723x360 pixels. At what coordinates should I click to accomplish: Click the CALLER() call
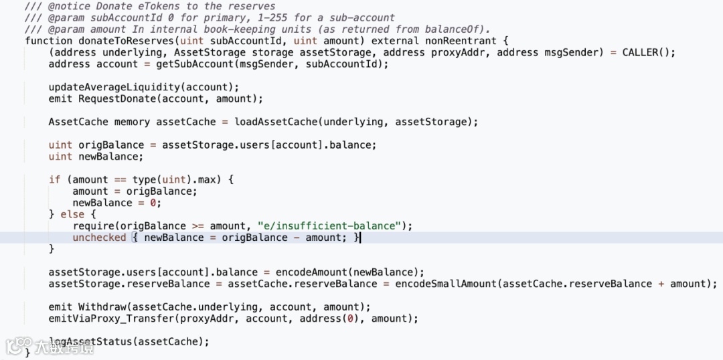click(x=649, y=52)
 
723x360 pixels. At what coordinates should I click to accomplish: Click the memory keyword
click(x=132, y=122)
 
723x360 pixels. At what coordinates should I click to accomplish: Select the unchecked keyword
click(x=99, y=238)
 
